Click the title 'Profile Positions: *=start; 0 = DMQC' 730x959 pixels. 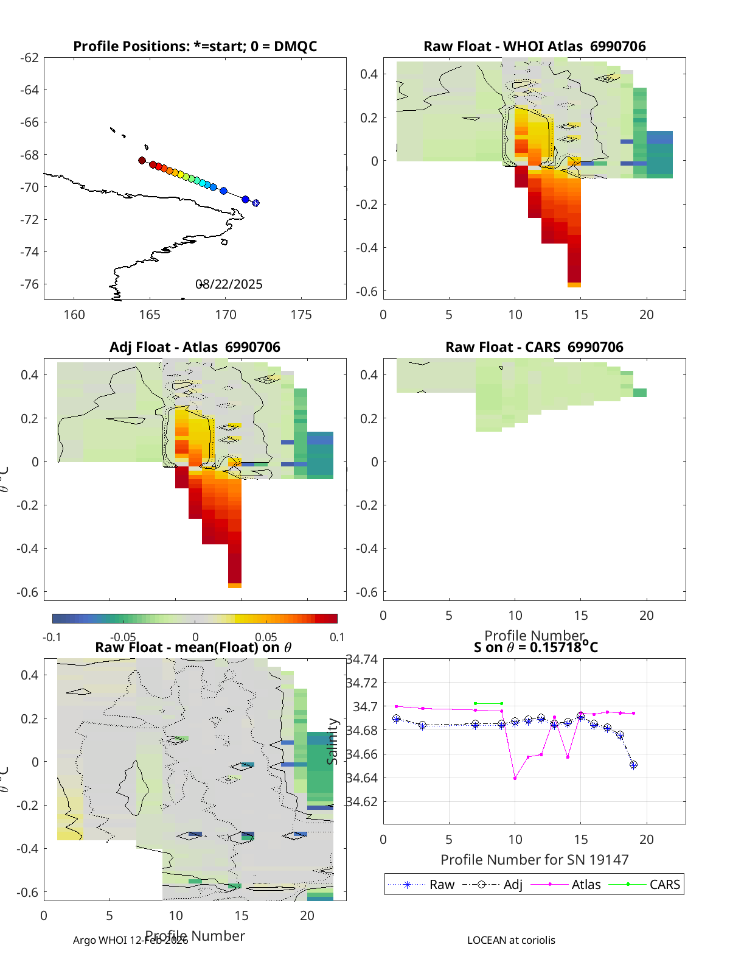pos(195,46)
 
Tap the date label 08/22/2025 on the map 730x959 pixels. pos(229,284)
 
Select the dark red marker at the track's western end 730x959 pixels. pos(142,161)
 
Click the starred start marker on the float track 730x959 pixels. pos(256,203)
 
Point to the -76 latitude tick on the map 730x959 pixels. pos(29,284)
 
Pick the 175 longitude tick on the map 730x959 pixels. pos(301,315)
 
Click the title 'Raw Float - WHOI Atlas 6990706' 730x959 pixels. pos(534,46)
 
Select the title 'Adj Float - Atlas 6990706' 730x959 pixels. pos(195,347)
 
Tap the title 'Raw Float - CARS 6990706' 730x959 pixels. pos(534,347)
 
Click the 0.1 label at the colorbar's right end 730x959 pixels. pos(337,638)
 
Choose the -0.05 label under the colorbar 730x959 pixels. pos(123,638)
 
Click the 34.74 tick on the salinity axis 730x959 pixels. pos(363,659)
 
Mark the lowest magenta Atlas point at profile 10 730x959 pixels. pos(515,778)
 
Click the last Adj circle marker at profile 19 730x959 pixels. pos(633,765)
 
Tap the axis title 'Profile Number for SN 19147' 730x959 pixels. pos(534,860)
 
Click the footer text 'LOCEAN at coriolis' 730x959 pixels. pos(511,940)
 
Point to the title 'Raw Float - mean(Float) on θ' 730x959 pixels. pos(193,647)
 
